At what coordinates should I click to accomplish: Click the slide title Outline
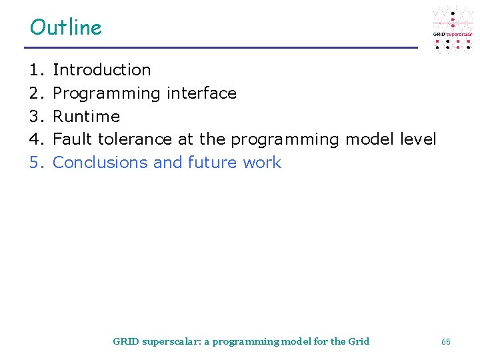(66, 27)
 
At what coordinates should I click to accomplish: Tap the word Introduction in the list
(101, 69)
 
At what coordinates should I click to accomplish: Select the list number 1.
(35, 69)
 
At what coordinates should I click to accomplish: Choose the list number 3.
(35, 116)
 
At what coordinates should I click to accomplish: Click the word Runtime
(86, 116)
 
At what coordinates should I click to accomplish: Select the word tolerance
(135, 139)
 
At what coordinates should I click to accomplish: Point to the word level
(418, 139)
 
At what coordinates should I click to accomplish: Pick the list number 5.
(35, 163)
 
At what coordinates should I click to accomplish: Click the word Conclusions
(100, 163)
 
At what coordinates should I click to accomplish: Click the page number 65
(445, 341)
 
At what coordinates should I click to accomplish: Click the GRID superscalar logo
(452, 30)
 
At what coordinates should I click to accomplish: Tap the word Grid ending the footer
(359, 341)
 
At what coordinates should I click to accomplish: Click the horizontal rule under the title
(220, 47)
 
